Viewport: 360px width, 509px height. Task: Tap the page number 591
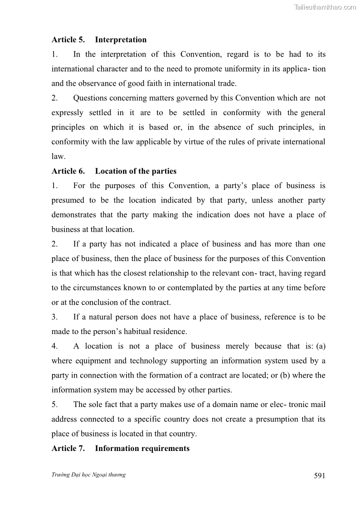pos(319,475)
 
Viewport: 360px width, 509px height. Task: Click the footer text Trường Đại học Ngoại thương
pos(88,475)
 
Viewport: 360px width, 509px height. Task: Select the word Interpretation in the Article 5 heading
pos(121,40)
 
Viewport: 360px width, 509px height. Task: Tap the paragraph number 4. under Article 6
pos(54,346)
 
